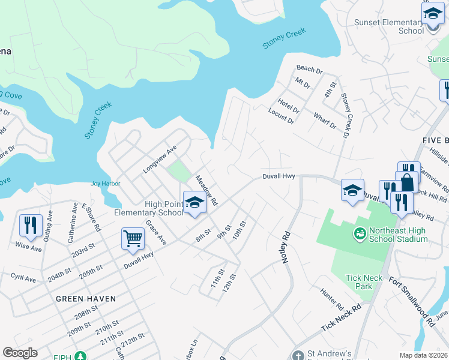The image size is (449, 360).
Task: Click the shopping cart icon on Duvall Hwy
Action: coord(133,238)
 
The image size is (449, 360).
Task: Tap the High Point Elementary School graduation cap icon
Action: coord(194,203)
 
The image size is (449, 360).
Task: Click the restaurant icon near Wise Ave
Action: coord(30,225)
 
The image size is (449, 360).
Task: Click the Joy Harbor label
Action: coord(106,184)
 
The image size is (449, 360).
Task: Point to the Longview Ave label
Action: coord(160,159)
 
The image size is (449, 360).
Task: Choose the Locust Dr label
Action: coord(281,116)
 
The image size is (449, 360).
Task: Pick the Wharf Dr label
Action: coord(325,119)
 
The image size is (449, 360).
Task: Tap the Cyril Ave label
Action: coord(23,278)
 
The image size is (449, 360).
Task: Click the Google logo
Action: coord(20,353)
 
